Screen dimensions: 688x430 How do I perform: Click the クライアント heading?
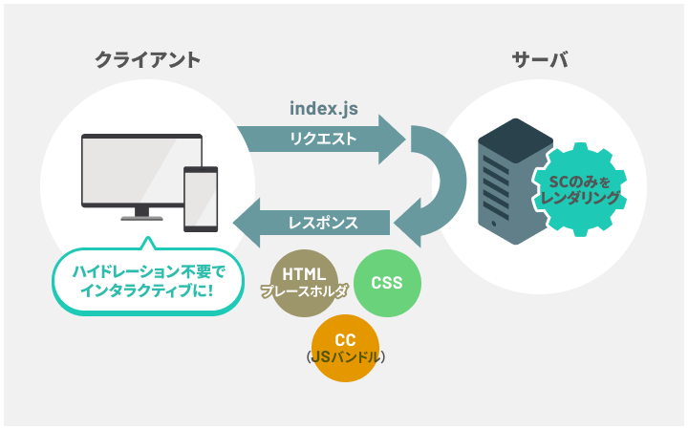(148, 59)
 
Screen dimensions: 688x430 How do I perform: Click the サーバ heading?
(540, 59)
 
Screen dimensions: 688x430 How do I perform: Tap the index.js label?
(324, 108)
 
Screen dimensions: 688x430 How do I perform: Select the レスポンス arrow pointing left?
(312, 223)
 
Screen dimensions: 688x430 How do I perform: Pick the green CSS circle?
(387, 283)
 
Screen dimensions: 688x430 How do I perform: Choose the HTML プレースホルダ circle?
(304, 283)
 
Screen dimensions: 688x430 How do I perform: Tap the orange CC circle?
(345, 348)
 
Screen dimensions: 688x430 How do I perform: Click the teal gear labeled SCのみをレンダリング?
(579, 189)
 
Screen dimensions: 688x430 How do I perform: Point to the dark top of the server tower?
(516, 140)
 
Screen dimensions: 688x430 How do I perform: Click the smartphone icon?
(201, 199)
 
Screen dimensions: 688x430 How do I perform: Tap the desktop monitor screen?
(141, 169)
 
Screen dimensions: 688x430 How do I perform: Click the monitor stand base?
(141, 218)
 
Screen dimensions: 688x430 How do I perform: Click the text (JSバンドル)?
(345, 357)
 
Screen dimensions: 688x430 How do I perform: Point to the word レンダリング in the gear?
(579, 199)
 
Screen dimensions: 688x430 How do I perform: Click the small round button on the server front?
(495, 224)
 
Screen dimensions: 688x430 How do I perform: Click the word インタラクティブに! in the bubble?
(148, 290)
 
